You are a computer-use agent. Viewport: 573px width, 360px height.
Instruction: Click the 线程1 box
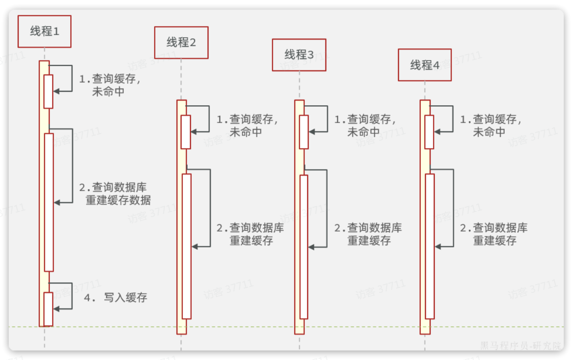coord(45,31)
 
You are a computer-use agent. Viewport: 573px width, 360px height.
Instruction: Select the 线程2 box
coord(181,42)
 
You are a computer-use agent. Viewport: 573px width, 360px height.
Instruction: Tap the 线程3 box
coord(299,54)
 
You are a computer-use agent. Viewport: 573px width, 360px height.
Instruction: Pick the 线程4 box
coord(425,65)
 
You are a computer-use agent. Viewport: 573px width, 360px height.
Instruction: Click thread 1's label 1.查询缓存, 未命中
coord(109,85)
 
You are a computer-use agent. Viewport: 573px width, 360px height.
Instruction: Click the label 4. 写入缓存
coord(116,298)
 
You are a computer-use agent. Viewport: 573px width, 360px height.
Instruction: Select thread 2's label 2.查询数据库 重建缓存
coord(250,234)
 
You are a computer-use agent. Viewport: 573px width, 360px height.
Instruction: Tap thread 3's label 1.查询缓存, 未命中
coord(365,125)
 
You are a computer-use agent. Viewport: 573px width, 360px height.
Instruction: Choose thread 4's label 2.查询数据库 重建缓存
coord(494,234)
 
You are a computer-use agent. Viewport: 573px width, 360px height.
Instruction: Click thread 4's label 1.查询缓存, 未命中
coord(491,125)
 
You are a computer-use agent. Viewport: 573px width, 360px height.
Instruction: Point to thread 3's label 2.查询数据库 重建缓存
coord(368,234)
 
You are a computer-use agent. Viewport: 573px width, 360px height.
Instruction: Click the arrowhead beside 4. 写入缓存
coord(56,308)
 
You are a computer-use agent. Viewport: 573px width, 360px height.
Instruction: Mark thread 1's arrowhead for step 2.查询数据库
coord(57,203)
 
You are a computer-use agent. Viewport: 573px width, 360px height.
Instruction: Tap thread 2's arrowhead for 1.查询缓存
coord(194,132)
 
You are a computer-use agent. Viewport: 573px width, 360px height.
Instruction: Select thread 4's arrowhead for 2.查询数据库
coord(438,246)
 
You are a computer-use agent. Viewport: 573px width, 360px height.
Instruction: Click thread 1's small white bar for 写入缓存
coord(48,309)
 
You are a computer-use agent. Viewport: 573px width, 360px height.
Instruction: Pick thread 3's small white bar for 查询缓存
coord(303,132)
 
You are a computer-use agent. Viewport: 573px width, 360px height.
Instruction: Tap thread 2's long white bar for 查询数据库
coord(186,246)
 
